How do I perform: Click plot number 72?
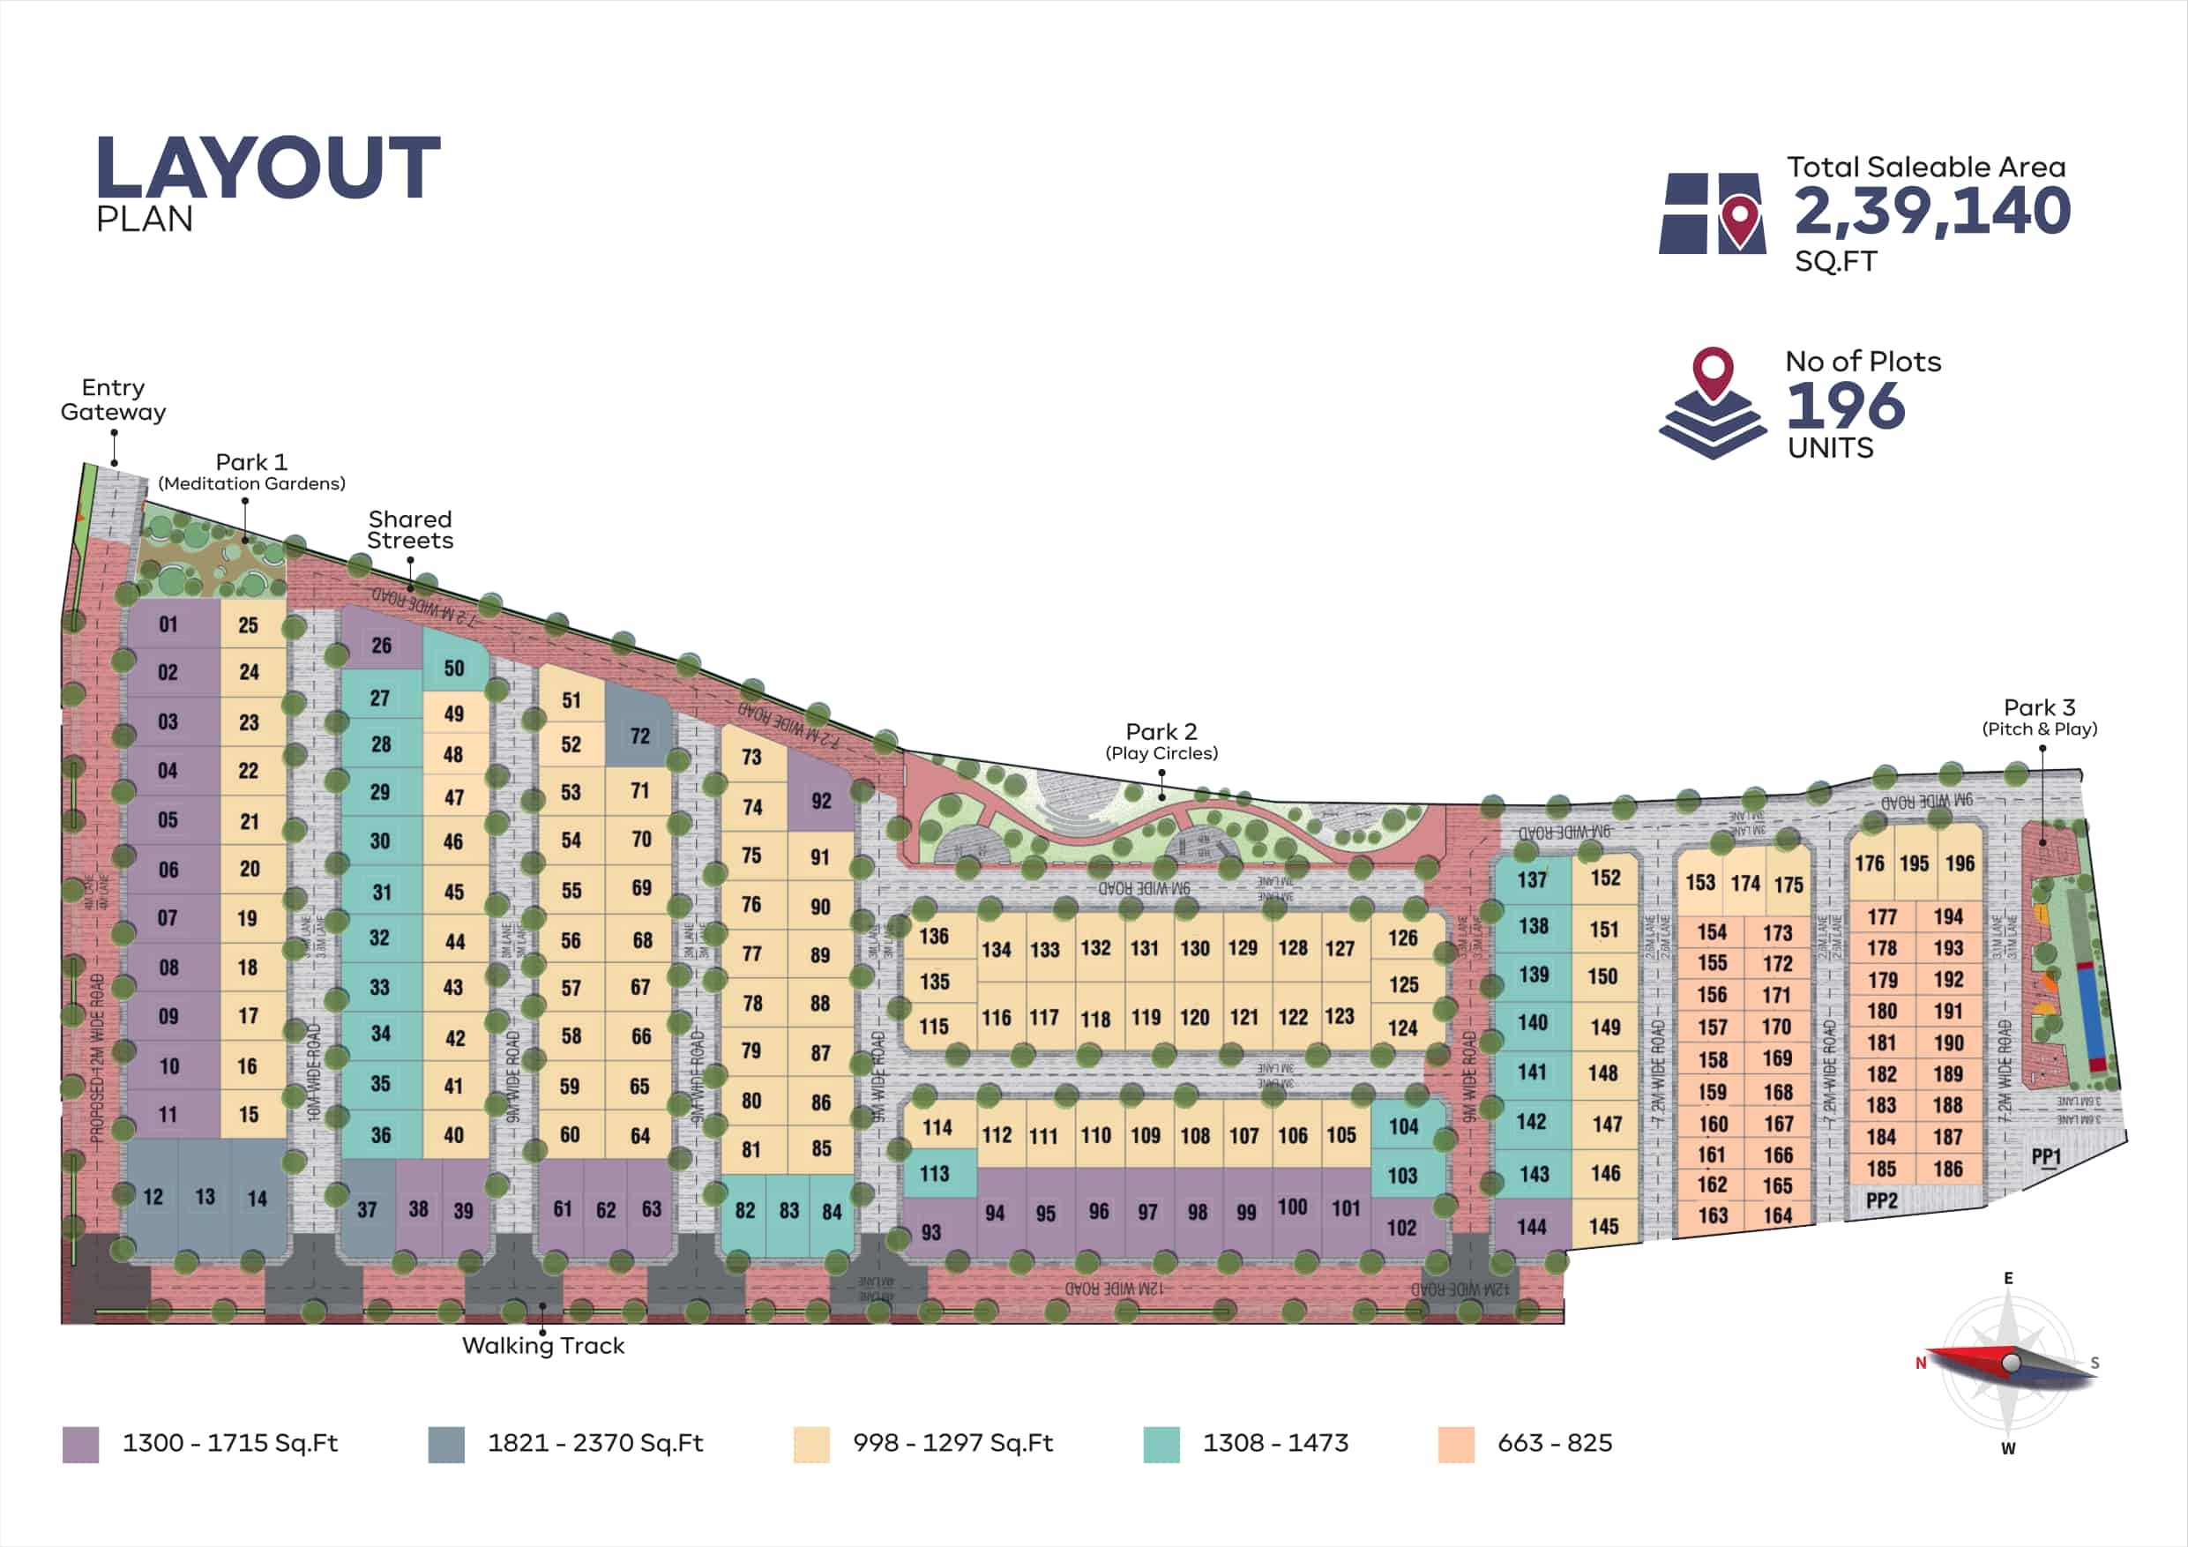(639, 735)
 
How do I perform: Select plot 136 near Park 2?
(934, 936)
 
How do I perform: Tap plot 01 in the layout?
(168, 624)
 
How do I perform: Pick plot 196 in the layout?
(1960, 863)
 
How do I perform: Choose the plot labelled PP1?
(2046, 1157)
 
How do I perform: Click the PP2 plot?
(1881, 1200)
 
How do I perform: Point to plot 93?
(931, 1231)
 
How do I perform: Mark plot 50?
(454, 669)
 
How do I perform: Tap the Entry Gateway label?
(114, 400)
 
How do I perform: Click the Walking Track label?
(543, 1345)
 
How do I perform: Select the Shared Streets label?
(410, 530)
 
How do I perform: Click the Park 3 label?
(2039, 708)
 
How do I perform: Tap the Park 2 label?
(1161, 732)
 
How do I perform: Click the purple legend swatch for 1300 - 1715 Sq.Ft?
(81, 1444)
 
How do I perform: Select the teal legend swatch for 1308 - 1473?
(1161, 1444)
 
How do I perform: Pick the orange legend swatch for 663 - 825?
(1456, 1444)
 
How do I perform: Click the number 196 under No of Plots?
(1846, 406)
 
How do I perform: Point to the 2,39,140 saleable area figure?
(1931, 211)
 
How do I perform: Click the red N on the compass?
(1921, 1363)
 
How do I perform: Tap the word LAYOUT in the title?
(268, 168)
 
